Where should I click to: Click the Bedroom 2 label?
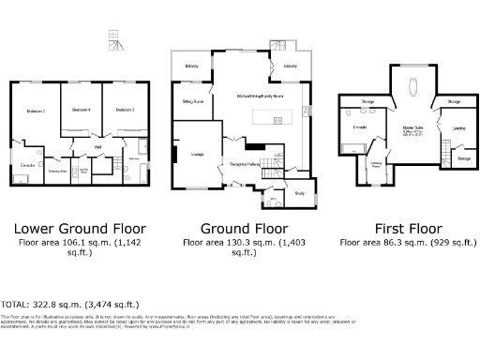[36, 112]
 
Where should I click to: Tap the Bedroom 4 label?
[81, 110]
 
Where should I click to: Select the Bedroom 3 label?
[126, 110]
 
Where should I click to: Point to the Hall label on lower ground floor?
[98, 147]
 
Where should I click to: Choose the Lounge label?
[198, 154]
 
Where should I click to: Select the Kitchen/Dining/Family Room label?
[262, 96]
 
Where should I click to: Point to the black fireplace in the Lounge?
[174, 154]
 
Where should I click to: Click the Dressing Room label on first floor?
[375, 164]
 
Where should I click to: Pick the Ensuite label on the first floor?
[360, 126]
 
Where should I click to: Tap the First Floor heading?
[408, 228]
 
